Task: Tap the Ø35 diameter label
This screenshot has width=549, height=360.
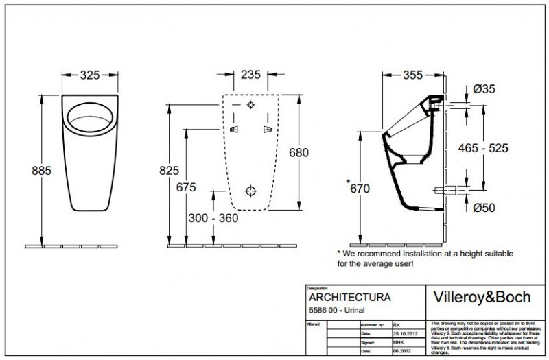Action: (x=484, y=88)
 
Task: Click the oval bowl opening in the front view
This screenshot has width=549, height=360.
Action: (x=89, y=118)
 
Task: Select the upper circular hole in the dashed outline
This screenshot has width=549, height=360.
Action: (x=250, y=105)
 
